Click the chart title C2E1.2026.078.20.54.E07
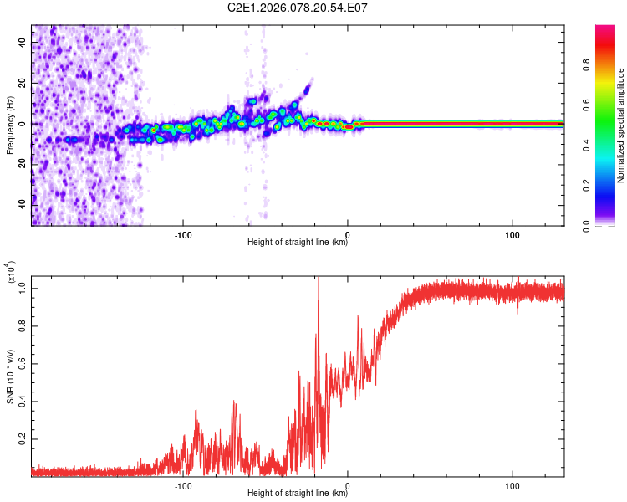coord(298,8)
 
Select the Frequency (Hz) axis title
coord(10,125)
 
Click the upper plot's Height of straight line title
coord(298,243)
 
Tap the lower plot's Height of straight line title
coord(298,494)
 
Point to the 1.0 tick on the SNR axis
coord(22,287)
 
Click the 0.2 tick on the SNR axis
coord(22,438)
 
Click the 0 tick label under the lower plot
coord(348,485)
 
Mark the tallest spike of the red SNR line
coord(318,279)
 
